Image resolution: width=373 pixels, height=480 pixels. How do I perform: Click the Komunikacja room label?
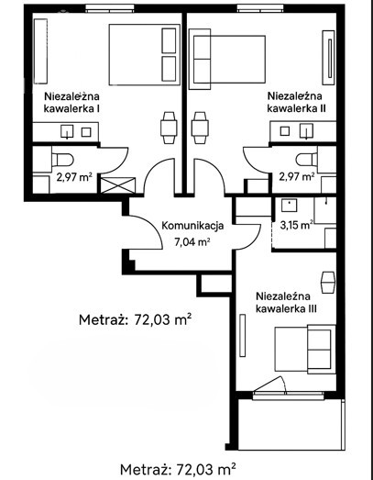pyautogui.click(x=192, y=226)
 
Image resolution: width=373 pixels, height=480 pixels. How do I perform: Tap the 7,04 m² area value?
pyautogui.click(x=192, y=242)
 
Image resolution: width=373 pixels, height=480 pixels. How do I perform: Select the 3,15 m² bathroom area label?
pyautogui.click(x=296, y=225)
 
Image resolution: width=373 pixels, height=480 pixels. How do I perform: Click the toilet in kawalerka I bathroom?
pyautogui.click(x=62, y=160)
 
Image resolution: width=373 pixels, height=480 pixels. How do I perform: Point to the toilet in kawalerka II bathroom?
pyautogui.click(x=307, y=160)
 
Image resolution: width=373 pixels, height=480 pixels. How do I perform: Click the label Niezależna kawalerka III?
pyautogui.click(x=286, y=303)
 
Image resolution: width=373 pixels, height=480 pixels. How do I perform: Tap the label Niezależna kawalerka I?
pyautogui.click(x=71, y=102)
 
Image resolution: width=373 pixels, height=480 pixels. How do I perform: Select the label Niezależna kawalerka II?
pyautogui.click(x=296, y=102)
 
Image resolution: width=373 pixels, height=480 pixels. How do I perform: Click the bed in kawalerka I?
pyautogui.click(x=144, y=54)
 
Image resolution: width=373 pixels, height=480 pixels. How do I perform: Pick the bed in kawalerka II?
pyautogui.click(x=227, y=59)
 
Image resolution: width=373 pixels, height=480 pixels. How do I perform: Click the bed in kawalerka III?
pyautogui.click(x=303, y=349)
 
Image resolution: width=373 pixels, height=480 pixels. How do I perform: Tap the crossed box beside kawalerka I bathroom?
pyautogui.click(x=117, y=185)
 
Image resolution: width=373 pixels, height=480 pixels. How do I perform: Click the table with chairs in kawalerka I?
pyautogui.click(x=169, y=128)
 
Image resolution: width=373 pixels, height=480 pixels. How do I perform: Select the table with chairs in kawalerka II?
pyautogui.click(x=200, y=128)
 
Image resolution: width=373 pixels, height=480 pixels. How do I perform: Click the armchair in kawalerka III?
pyautogui.click(x=328, y=282)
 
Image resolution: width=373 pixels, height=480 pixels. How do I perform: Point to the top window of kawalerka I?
pyautogui.click(x=110, y=8)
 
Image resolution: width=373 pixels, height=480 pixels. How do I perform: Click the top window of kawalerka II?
pyautogui.click(x=262, y=8)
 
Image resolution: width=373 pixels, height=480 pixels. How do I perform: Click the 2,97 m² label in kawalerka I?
pyautogui.click(x=74, y=177)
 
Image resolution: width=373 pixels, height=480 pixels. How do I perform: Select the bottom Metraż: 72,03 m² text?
pyautogui.click(x=178, y=470)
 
